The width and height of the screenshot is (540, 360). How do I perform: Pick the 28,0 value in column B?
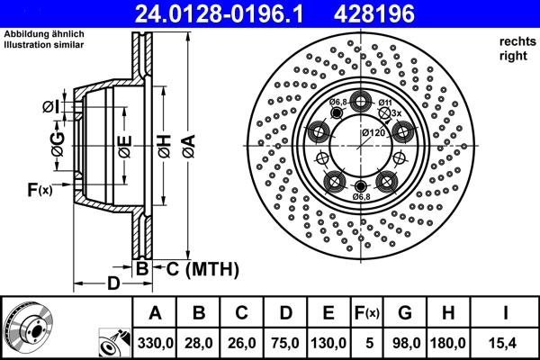[199, 342]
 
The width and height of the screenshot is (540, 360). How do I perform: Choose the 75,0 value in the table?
[283, 342]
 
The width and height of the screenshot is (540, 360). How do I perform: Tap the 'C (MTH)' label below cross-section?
[193, 267]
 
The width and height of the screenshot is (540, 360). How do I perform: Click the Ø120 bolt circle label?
[373, 132]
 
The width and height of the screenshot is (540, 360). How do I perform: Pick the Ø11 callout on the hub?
[385, 102]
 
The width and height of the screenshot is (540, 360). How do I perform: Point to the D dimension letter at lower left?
[112, 284]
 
